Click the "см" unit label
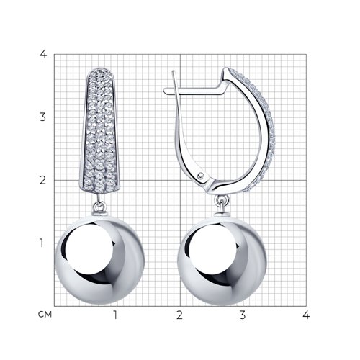45,314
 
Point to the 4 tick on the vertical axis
43,54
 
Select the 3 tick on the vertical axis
42,117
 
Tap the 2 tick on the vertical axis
42,180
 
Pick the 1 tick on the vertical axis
42,243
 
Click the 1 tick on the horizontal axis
115,315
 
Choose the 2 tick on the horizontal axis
179,315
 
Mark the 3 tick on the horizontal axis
243,315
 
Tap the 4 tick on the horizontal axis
306,315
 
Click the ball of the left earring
100,260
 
